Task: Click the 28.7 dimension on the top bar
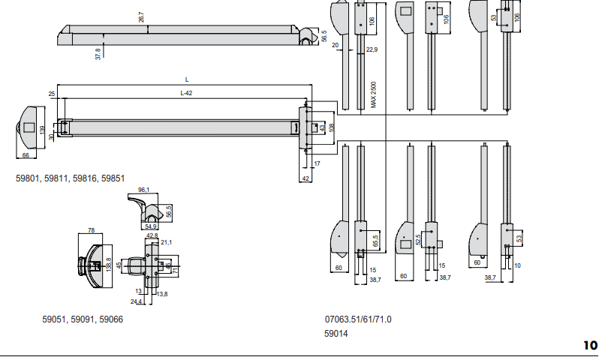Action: click(141, 16)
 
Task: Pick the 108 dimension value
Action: click(331, 126)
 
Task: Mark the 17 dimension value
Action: click(318, 163)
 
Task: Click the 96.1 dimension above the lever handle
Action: click(144, 190)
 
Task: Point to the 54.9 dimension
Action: click(151, 226)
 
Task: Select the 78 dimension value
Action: click(91, 230)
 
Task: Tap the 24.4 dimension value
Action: click(136, 301)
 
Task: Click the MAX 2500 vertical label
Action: click(373, 95)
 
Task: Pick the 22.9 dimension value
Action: click(372, 49)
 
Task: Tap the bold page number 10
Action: click(591, 346)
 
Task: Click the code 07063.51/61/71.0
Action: click(358, 319)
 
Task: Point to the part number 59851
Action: click(113, 178)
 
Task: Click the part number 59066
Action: click(110, 319)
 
